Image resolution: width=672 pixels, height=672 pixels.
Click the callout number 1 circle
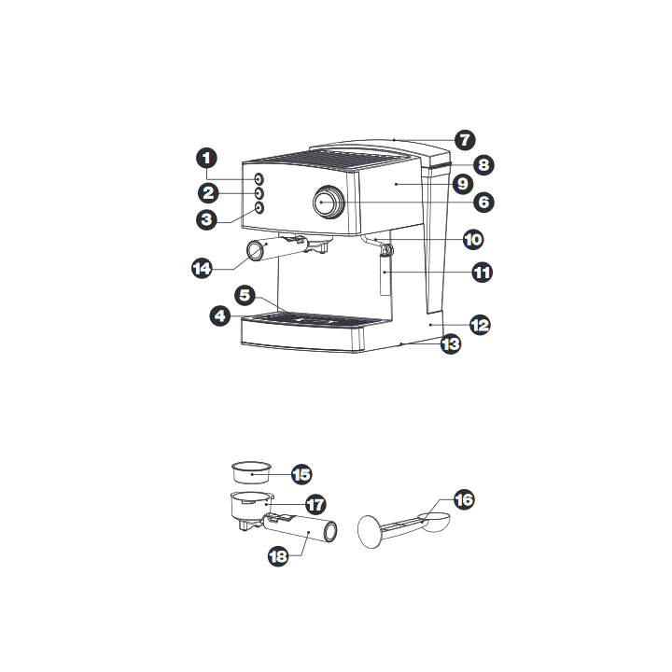tap(206, 158)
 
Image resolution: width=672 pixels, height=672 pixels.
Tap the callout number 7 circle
tap(465, 140)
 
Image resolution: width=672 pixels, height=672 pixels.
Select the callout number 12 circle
tap(480, 326)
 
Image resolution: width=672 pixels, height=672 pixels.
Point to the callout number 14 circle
tap(202, 269)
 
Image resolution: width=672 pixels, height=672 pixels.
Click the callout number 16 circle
tap(464, 499)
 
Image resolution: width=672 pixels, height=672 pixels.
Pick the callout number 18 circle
tap(278, 556)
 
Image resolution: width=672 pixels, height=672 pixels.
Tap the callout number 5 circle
tap(245, 295)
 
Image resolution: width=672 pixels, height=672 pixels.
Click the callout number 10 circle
tap(473, 240)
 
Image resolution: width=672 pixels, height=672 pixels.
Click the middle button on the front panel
tap(259, 193)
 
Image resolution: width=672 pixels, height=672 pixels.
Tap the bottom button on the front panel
tap(259, 208)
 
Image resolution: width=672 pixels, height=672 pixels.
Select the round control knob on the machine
tap(329, 203)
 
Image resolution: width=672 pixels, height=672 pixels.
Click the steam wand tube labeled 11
tap(385, 274)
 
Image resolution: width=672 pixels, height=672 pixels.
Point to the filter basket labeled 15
tap(252, 472)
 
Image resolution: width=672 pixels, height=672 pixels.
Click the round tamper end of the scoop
tap(370, 532)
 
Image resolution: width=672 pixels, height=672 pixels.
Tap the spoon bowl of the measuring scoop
tap(434, 522)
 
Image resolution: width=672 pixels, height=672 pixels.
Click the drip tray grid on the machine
tap(315, 319)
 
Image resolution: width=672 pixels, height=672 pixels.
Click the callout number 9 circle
tap(463, 184)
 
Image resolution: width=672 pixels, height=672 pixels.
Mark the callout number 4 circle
tap(220, 316)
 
